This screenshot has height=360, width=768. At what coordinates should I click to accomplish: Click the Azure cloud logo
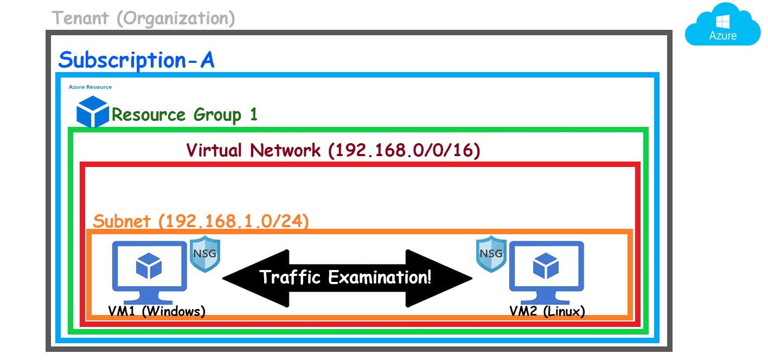click(x=722, y=26)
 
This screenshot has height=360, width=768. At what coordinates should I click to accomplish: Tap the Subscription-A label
click(x=136, y=60)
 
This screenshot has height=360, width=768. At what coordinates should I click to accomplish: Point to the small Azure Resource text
click(x=90, y=87)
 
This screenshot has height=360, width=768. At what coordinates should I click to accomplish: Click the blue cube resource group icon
click(x=93, y=112)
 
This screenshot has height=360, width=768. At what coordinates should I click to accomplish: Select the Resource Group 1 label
click(x=184, y=115)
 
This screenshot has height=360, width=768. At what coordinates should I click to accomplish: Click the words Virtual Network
click(x=253, y=150)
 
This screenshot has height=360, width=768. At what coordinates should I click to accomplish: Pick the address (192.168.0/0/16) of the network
click(x=404, y=150)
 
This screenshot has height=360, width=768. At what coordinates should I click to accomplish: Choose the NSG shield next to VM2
click(x=491, y=253)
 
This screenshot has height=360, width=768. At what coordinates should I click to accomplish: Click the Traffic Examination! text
click(x=346, y=278)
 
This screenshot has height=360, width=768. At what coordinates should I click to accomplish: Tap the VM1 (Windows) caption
click(x=156, y=312)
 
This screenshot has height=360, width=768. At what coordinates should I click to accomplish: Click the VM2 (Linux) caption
click(x=547, y=312)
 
